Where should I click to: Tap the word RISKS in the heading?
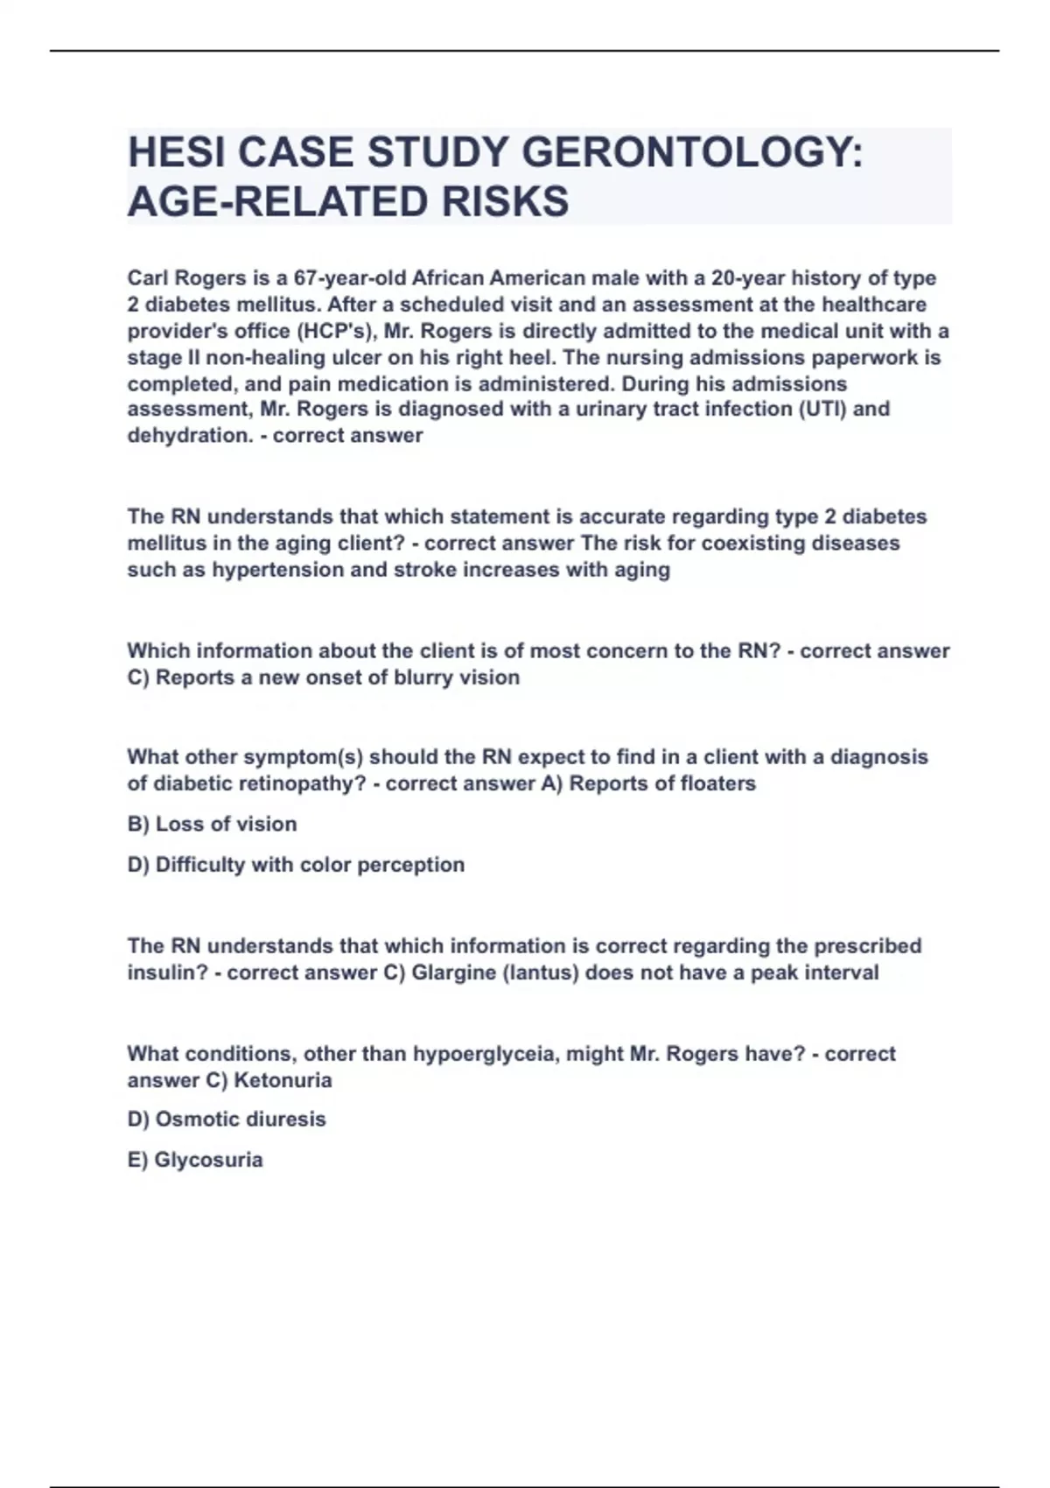pos(505,201)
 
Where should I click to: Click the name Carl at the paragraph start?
pos(148,278)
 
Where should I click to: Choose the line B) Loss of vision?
pos(212,824)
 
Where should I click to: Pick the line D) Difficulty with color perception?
pos(296,865)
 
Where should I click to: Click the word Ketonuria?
pos(283,1080)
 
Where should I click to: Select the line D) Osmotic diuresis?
pos(226,1120)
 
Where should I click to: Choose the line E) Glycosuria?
pos(194,1160)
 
